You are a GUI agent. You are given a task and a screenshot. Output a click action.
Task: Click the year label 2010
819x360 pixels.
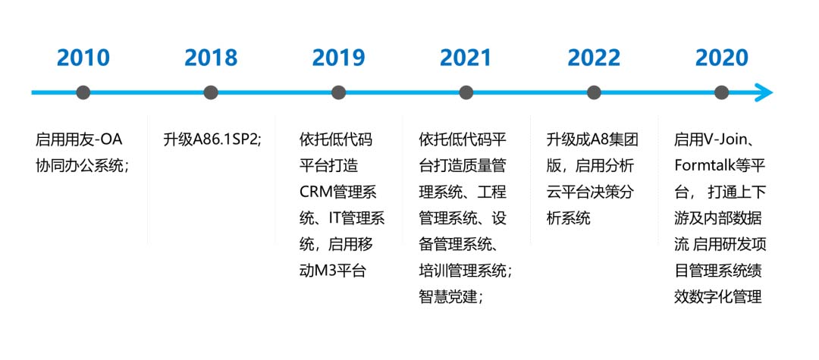pyautogui.click(x=83, y=58)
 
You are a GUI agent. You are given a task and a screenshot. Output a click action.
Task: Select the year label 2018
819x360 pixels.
pyautogui.click(x=211, y=58)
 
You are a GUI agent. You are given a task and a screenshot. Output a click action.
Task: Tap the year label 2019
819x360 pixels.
pyautogui.click(x=338, y=58)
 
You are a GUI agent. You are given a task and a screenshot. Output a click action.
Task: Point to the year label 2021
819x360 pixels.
pyautogui.click(x=466, y=58)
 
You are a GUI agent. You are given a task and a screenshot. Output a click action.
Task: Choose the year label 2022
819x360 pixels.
pyautogui.click(x=594, y=58)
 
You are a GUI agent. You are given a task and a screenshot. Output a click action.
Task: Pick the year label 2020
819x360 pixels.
pyautogui.click(x=721, y=58)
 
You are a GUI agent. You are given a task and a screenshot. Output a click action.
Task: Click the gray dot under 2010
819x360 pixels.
pyautogui.click(x=83, y=93)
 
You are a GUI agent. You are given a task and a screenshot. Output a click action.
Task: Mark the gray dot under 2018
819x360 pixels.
pyautogui.click(x=211, y=93)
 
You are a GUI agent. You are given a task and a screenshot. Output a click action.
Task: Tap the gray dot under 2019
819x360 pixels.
pyautogui.click(x=338, y=93)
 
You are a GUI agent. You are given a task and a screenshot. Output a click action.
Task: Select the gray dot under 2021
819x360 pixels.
pyautogui.click(x=466, y=93)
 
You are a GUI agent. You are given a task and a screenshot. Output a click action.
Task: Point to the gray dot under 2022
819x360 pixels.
pyautogui.click(x=594, y=93)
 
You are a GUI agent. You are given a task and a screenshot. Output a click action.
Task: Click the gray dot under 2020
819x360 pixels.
pyautogui.click(x=721, y=93)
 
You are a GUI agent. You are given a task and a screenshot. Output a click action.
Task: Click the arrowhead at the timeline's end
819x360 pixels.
pyautogui.click(x=764, y=93)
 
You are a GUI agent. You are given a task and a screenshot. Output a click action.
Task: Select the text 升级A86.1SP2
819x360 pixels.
pyautogui.click(x=210, y=140)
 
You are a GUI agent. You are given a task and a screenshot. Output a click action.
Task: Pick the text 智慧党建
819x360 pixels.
pyautogui.click(x=448, y=297)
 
